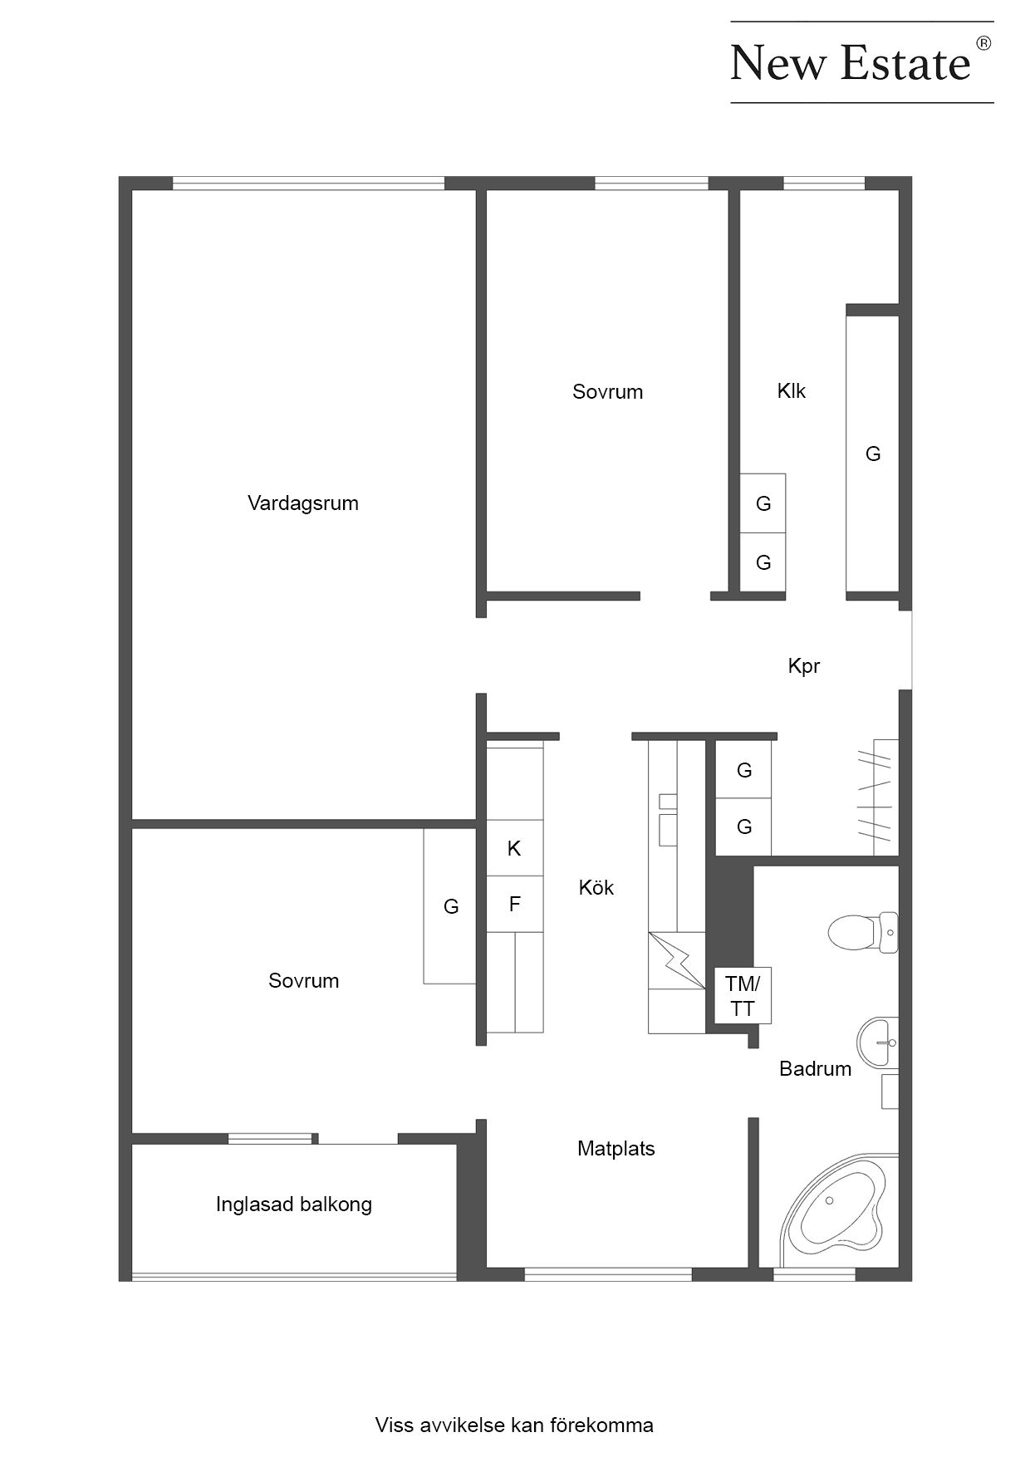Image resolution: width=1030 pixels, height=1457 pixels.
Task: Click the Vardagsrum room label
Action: coord(303,503)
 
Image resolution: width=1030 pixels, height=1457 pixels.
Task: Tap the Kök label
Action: coord(596,888)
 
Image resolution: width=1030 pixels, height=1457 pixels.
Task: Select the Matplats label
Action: coord(616,1149)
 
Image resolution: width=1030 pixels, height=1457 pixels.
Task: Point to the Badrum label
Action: coord(815,1069)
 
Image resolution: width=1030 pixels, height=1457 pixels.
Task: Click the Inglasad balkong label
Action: coord(294,1204)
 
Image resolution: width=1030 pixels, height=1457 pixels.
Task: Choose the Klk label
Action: coord(792,391)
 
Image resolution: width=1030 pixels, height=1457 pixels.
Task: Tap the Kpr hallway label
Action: coord(804,666)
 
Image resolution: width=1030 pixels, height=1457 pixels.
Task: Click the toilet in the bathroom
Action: coord(863,932)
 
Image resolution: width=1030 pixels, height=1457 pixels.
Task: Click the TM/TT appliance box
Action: coord(743,995)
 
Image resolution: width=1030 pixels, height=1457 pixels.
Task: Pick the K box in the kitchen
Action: coord(514,848)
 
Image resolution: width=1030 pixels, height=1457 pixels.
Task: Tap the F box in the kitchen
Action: coord(514,904)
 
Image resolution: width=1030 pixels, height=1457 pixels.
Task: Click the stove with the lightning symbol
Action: coord(677,960)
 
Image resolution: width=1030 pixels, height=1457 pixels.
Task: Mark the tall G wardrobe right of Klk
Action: coord(873,454)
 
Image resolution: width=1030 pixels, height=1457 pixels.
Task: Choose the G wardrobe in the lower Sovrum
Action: coord(450,906)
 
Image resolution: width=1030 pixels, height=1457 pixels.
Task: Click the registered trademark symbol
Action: coord(983,43)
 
